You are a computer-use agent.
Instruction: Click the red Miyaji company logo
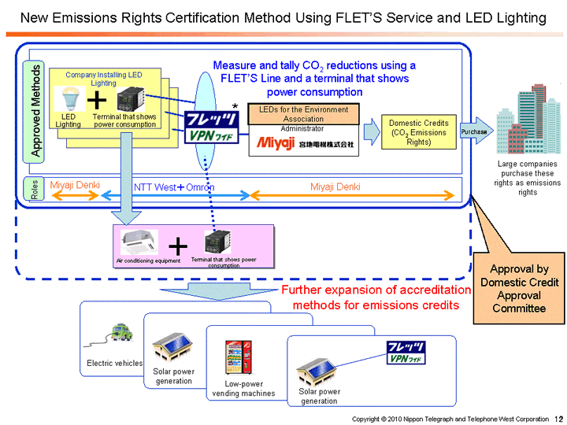(273, 143)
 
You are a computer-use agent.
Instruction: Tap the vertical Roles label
(34, 189)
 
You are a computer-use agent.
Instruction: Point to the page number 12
(558, 419)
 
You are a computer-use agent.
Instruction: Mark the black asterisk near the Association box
(235, 106)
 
